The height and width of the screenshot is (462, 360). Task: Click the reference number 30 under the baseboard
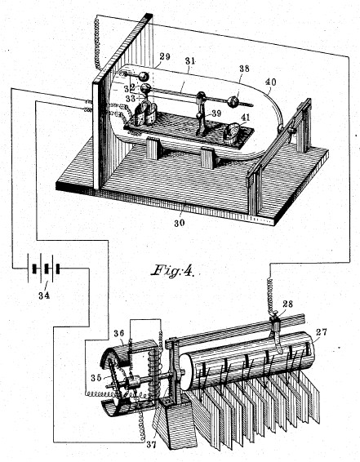(x=179, y=223)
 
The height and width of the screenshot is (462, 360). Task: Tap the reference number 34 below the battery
(x=44, y=295)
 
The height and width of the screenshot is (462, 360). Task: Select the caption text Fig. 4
(x=173, y=270)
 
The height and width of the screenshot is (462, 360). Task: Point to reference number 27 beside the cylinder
(x=321, y=332)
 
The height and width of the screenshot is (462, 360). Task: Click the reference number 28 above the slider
(x=287, y=304)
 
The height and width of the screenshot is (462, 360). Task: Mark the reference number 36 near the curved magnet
(x=118, y=333)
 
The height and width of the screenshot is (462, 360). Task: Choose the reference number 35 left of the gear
(x=96, y=377)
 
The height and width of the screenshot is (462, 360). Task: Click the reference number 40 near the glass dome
(x=271, y=82)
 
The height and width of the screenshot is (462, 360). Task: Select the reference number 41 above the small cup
(x=245, y=118)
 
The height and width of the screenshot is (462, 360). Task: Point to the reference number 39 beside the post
(x=216, y=113)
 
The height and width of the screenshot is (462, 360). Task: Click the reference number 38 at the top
(x=244, y=69)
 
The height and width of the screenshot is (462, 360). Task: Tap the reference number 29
(x=165, y=56)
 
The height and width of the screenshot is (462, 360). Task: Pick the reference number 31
(x=190, y=61)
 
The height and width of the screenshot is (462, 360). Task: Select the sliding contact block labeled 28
(x=276, y=325)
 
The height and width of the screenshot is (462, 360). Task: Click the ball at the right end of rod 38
(x=233, y=102)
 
